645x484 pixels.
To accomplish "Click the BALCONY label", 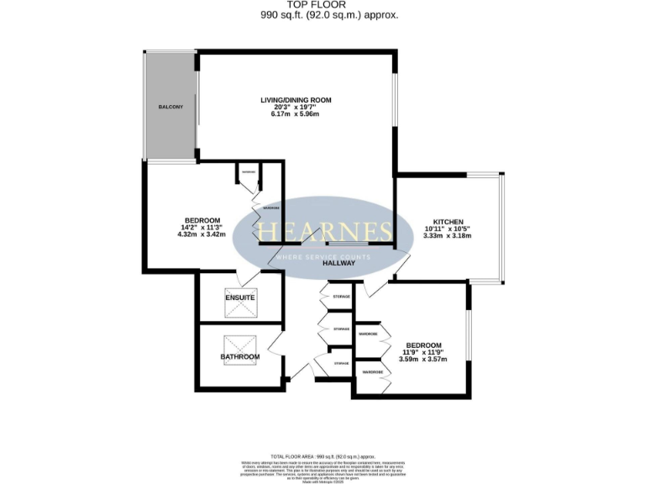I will (x=170, y=108).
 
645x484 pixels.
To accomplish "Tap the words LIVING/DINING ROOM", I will (x=296, y=100).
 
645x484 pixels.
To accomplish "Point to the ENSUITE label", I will (x=240, y=297).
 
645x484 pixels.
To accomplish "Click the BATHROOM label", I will (x=240, y=357).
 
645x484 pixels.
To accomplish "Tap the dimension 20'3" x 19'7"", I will (x=296, y=108).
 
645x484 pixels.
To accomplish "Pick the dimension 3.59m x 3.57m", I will (x=423, y=360).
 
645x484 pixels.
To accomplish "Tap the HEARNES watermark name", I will (x=323, y=230).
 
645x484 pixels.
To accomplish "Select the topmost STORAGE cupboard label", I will (x=341, y=297).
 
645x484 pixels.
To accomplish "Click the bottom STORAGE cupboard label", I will (x=341, y=363).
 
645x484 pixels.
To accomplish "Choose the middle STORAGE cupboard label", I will (x=341, y=329).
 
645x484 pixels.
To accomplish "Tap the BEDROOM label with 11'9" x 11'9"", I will (x=423, y=345).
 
